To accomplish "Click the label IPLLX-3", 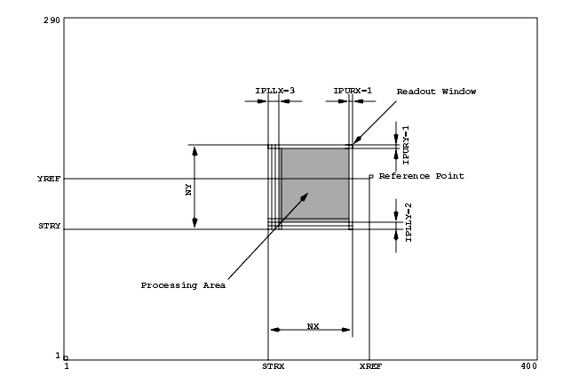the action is [275, 91].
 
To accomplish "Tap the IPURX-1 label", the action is [353, 91].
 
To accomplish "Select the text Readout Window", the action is [436, 92].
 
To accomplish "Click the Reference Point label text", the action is [421, 176].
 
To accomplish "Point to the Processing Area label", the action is [183, 285].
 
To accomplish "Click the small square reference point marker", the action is [371, 177].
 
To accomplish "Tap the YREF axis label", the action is [49, 179].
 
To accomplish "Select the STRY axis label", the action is [50, 226].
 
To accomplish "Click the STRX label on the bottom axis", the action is [274, 366].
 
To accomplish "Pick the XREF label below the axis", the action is [370, 366].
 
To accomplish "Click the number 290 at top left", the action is [52, 20].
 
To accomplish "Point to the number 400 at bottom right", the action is [528, 366].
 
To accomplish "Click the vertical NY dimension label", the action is [188, 189].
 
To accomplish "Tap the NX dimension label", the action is [313, 326].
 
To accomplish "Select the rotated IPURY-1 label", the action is [406, 145].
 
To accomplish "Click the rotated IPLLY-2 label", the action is [408, 222].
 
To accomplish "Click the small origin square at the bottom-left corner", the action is [66, 358].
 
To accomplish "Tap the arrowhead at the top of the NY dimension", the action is [194, 151].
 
